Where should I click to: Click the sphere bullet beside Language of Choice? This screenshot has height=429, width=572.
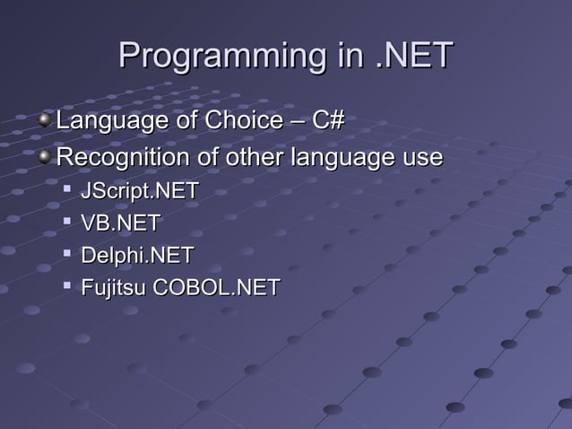[46, 119]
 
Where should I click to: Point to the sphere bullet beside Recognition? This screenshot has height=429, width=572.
[46, 158]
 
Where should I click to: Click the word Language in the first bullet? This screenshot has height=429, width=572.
[111, 120]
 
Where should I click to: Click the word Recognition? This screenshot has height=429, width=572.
[123, 158]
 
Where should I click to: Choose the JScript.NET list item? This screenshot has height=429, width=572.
[139, 192]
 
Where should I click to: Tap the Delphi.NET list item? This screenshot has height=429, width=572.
[136, 256]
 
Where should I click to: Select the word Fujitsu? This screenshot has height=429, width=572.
[114, 288]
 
